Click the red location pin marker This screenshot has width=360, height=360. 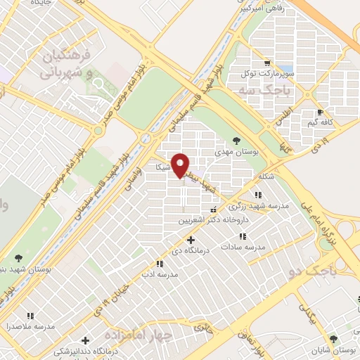(x=181, y=165)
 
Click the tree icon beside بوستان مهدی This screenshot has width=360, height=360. (x=236, y=141)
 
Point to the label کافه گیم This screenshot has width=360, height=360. (x=328, y=122)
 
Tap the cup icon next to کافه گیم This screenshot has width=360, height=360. (x=319, y=112)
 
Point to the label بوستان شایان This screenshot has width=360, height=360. (x=335, y=350)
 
